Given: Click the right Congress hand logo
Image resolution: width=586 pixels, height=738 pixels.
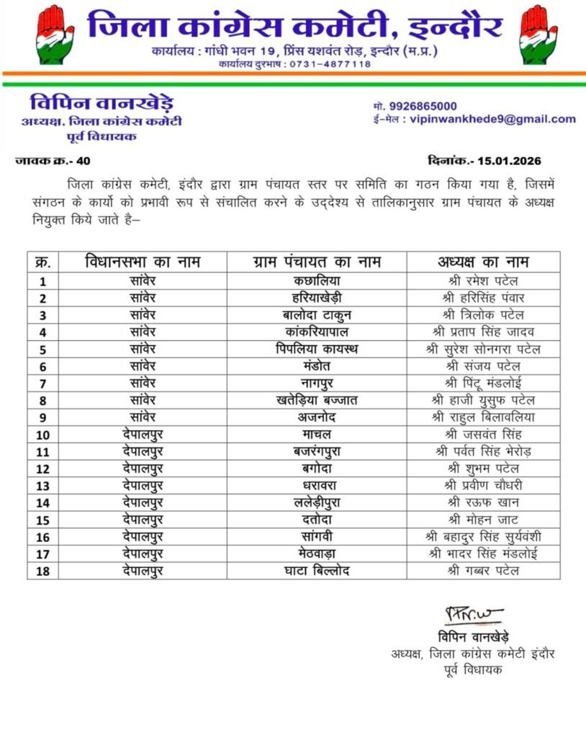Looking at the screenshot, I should [x=538, y=34].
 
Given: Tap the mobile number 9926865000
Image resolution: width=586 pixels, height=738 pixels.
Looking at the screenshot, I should [x=420, y=106].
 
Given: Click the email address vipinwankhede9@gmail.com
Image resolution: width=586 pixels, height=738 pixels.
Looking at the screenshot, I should [x=492, y=120].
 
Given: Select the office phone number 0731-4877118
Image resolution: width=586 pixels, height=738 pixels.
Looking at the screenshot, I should [x=330, y=64].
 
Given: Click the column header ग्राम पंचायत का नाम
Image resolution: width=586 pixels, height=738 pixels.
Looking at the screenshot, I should [x=317, y=261].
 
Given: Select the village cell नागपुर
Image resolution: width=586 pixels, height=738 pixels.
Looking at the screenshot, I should [x=317, y=383].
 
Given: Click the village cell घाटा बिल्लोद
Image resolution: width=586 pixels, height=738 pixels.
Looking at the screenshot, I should [x=317, y=571].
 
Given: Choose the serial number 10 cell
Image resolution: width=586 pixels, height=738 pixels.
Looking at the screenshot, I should [x=43, y=435].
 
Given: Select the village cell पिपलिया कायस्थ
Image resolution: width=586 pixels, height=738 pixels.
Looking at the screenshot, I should [x=317, y=350].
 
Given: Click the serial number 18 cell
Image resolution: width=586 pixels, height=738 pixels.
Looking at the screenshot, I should [x=43, y=571].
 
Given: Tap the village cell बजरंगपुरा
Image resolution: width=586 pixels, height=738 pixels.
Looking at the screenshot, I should [x=317, y=451].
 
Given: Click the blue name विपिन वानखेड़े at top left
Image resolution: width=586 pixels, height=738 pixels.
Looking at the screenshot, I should [x=101, y=102].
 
